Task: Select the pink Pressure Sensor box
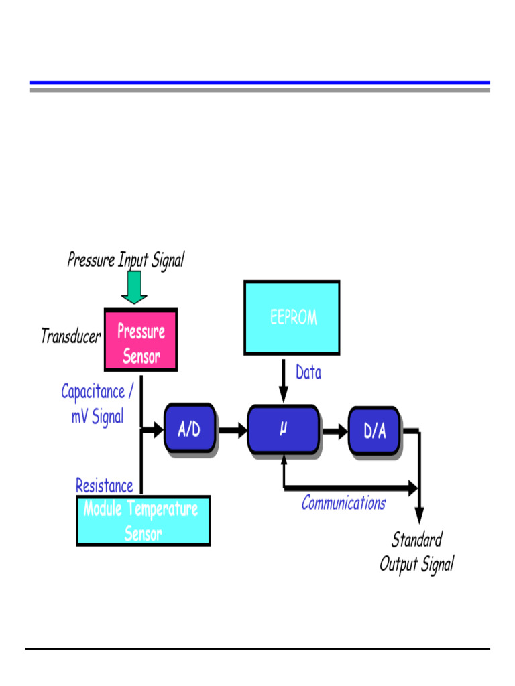point(141,340)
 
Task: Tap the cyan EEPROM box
point(292,318)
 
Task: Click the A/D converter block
point(190,429)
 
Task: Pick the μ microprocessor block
point(283,429)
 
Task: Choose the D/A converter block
point(374,430)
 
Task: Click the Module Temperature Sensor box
point(143,521)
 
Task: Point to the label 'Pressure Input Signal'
point(125,259)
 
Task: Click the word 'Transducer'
point(70,336)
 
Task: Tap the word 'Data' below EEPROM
point(308,373)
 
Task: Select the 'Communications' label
point(343,503)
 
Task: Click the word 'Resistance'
point(104,485)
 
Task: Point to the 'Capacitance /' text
point(97,391)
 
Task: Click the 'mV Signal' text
point(98,417)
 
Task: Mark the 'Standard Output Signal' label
point(416,552)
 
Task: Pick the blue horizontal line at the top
point(259,82)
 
